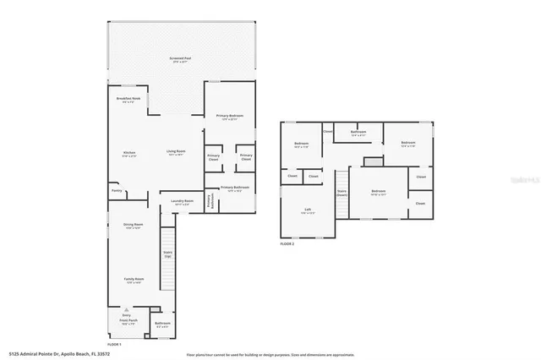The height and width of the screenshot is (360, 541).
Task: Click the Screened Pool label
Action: click(x=178, y=59)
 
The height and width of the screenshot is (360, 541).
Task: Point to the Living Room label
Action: click(x=176, y=153)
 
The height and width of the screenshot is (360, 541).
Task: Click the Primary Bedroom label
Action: click(x=231, y=117)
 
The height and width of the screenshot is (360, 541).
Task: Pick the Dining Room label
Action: click(x=134, y=226)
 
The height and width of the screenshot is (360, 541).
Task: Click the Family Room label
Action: click(x=134, y=281)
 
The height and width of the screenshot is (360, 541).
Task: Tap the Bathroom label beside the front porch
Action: click(x=163, y=325)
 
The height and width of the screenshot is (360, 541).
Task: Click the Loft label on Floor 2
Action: click(x=308, y=211)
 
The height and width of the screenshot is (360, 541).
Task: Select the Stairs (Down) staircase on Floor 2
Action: click(x=342, y=193)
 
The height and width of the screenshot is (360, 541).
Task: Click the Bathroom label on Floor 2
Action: click(x=358, y=133)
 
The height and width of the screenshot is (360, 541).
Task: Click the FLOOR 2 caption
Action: click(x=288, y=243)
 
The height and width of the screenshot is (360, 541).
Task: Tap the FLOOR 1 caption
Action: click(x=115, y=344)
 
